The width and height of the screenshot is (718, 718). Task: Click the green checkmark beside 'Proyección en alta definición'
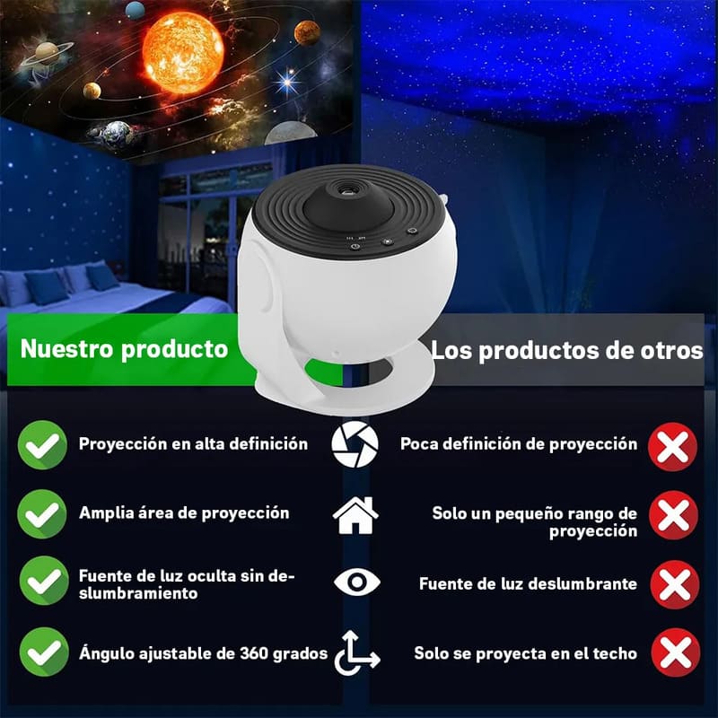click(x=42, y=445)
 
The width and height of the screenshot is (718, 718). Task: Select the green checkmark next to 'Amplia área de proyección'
click(x=42, y=514)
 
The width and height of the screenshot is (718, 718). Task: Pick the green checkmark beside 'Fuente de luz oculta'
click(x=42, y=581)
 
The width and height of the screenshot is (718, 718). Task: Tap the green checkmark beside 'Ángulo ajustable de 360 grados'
click(x=42, y=652)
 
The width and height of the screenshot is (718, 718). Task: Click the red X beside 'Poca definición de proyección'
click(x=673, y=445)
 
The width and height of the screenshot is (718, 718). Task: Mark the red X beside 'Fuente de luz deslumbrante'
click(x=673, y=584)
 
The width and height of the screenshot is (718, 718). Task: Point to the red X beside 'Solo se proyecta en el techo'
click(x=673, y=653)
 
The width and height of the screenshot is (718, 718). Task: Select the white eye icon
click(x=356, y=582)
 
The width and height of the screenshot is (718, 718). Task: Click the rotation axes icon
click(x=355, y=652)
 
